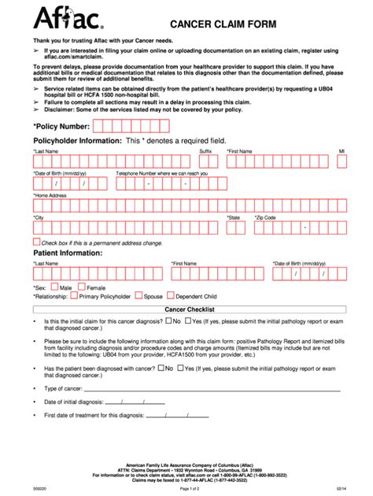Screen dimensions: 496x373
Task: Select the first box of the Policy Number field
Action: (99, 126)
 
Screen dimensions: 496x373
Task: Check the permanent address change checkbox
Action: (36, 242)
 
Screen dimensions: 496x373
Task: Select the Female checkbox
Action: (81, 287)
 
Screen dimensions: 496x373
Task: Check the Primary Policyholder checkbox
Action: (74, 297)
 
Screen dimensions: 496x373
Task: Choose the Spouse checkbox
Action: (138, 297)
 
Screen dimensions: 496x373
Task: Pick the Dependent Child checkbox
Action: (169, 297)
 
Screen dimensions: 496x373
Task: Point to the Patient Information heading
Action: (64, 254)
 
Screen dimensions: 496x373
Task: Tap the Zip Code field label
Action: (265, 217)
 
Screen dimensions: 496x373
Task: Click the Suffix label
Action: (205, 150)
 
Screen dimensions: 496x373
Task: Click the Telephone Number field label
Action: (161, 172)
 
